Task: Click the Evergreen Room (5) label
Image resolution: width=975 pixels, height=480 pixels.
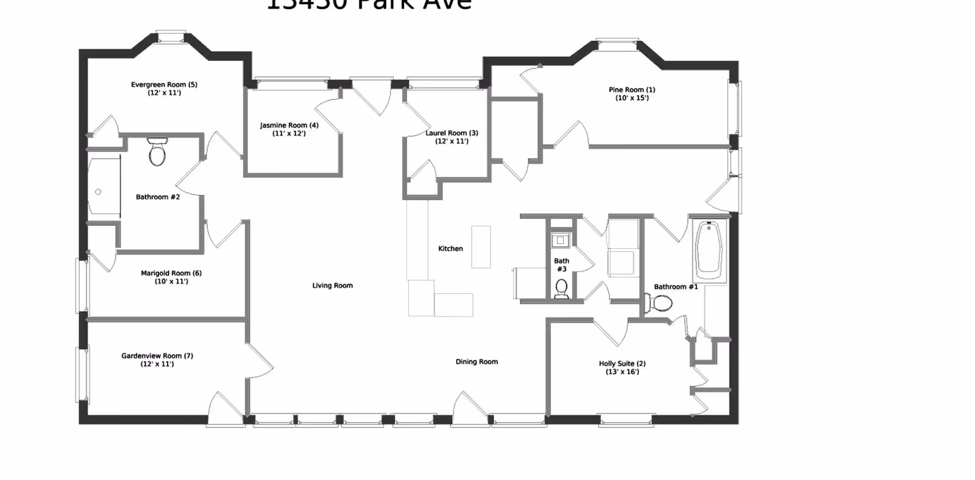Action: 164,85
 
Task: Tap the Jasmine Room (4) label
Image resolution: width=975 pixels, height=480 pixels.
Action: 289,125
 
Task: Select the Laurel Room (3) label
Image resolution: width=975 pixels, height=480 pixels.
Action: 452,133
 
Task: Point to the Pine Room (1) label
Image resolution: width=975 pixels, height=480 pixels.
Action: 632,90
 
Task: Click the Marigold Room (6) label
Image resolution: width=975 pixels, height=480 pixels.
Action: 171,273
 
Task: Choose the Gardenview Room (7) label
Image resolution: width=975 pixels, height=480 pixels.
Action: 157,356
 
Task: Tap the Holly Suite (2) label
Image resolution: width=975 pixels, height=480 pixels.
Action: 622,364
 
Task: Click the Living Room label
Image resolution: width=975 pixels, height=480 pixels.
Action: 332,285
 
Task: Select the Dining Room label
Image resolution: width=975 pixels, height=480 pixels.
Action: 477,362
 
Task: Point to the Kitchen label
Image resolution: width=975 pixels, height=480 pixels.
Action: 450,249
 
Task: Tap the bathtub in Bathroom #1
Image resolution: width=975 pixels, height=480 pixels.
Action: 709,250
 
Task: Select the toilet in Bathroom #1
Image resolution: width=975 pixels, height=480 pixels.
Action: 659,303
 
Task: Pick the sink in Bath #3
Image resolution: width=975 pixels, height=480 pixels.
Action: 560,240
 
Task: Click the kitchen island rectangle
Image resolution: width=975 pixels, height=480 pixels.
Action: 481,246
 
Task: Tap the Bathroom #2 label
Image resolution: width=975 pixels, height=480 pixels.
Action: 158,197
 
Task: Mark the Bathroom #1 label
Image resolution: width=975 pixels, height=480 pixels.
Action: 676,287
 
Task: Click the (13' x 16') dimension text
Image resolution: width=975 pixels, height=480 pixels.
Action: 622,372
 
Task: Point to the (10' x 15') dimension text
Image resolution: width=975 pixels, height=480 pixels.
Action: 632,98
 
